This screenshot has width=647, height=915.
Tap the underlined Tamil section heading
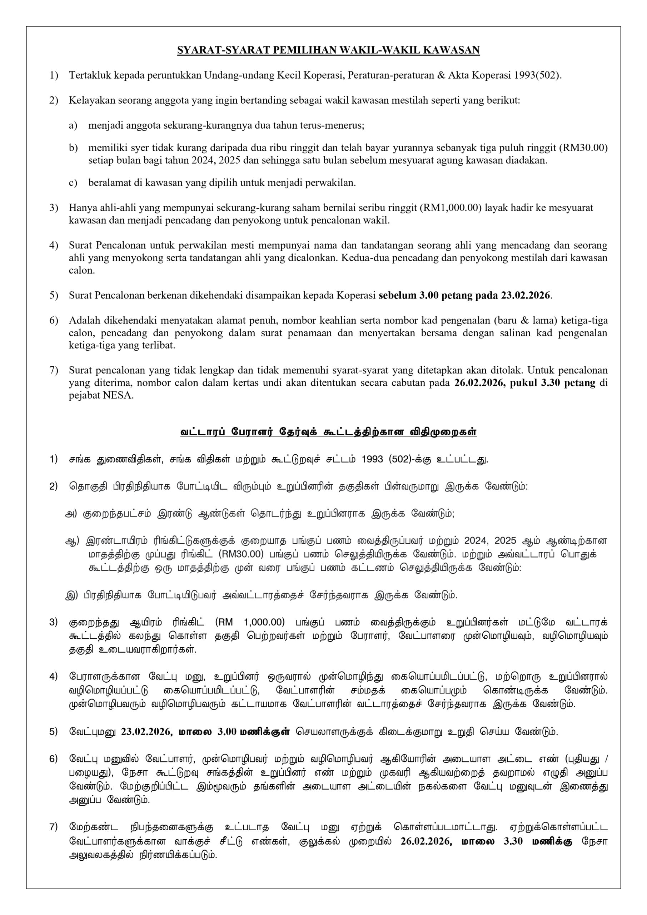point(328,432)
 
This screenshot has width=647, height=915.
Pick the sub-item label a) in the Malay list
point(73,125)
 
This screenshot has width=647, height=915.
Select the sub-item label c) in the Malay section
point(73,183)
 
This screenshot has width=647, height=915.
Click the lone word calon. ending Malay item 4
point(80,271)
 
